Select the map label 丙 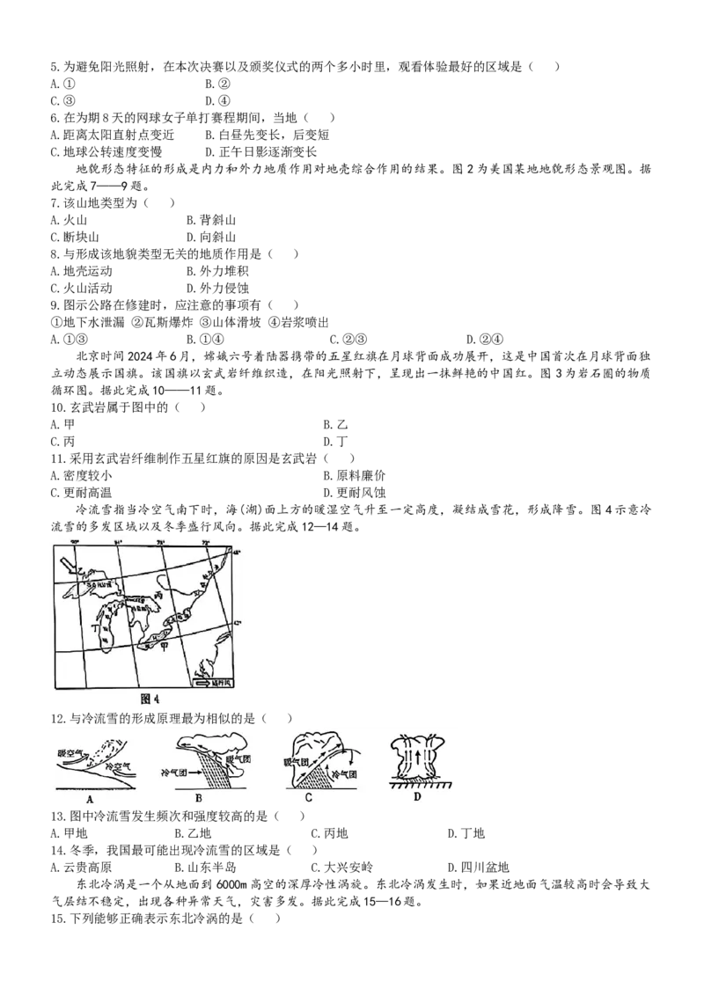click(x=158, y=596)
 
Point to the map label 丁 click(x=94, y=631)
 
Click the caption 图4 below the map click(x=151, y=699)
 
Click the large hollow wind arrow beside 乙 click(x=68, y=563)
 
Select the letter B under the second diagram click(x=199, y=798)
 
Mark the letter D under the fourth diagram click(x=418, y=797)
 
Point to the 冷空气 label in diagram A click(x=117, y=767)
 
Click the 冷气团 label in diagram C click(x=339, y=774)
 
